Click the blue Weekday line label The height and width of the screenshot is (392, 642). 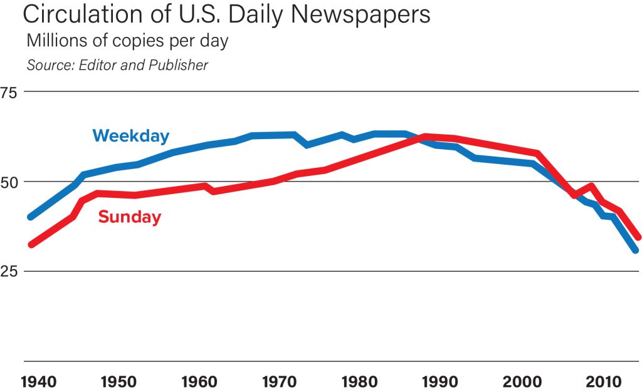[130, 135]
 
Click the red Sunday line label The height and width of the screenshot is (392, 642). [130, 217]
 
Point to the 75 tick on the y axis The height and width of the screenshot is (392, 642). [11, 92]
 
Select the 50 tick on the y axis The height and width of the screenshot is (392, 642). [11, 182]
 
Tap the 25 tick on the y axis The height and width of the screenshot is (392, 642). [11, 271]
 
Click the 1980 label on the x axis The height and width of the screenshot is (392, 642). [358, 381]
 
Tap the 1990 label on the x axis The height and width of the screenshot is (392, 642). [440, 381]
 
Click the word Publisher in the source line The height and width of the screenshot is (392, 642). [178, 65]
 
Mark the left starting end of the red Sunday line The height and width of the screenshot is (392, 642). [31, 244]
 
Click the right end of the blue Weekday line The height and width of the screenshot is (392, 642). [636, 250]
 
